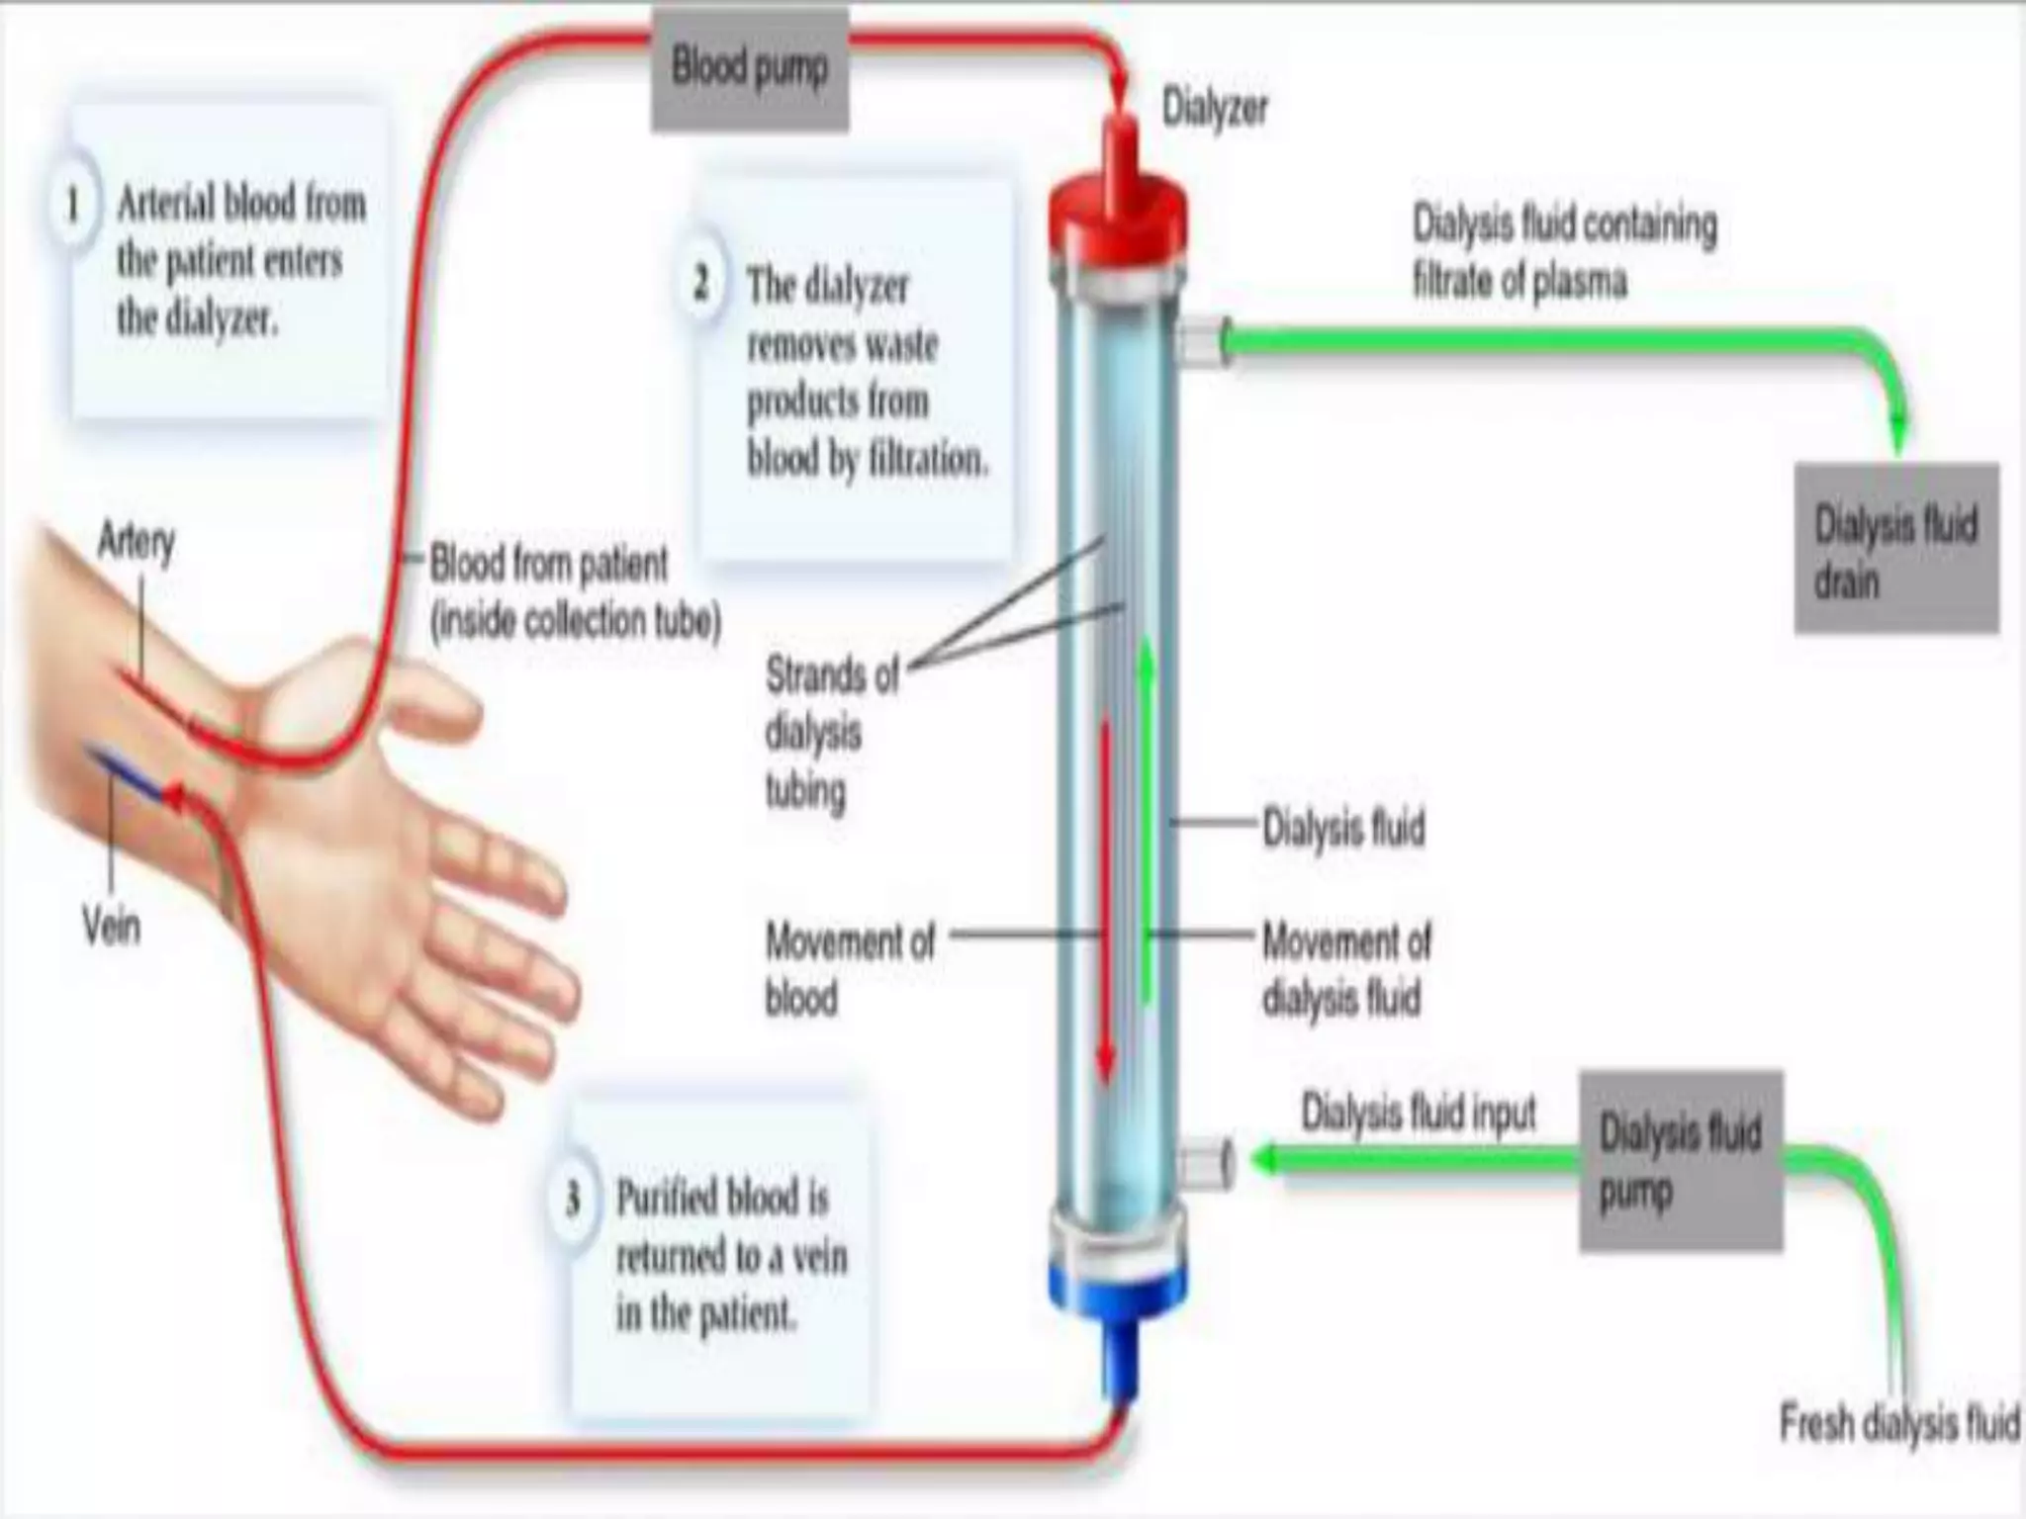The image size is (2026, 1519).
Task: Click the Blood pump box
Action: pyautogui.click(x=749, y=68)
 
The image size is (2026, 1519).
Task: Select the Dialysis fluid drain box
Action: pyautogui.click(x=1896, y=550)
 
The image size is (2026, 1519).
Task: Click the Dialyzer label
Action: pyautogui.click(x=1214, y=108)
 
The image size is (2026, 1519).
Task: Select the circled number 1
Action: pyautogui.click(x=72, y=205)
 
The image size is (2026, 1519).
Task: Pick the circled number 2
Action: pyautogui.click(x=701, y=284)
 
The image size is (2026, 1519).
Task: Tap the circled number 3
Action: pyautogui.click(x=572, y=1199)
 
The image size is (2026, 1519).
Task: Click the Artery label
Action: pyautogui.click(x=137, y=541)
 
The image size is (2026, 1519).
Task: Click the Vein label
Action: pyautogui.click(x=111, y=927)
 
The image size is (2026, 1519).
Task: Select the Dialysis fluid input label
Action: pyautogui.click(x=1418, y=1114)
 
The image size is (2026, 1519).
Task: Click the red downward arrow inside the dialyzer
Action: pyautogui.click(x=1106, y=890)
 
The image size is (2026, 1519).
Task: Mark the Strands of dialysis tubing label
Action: pyautogui.click(x=831, y=733)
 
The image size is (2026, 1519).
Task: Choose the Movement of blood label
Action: pyautogui.click(x=849, y=969)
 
